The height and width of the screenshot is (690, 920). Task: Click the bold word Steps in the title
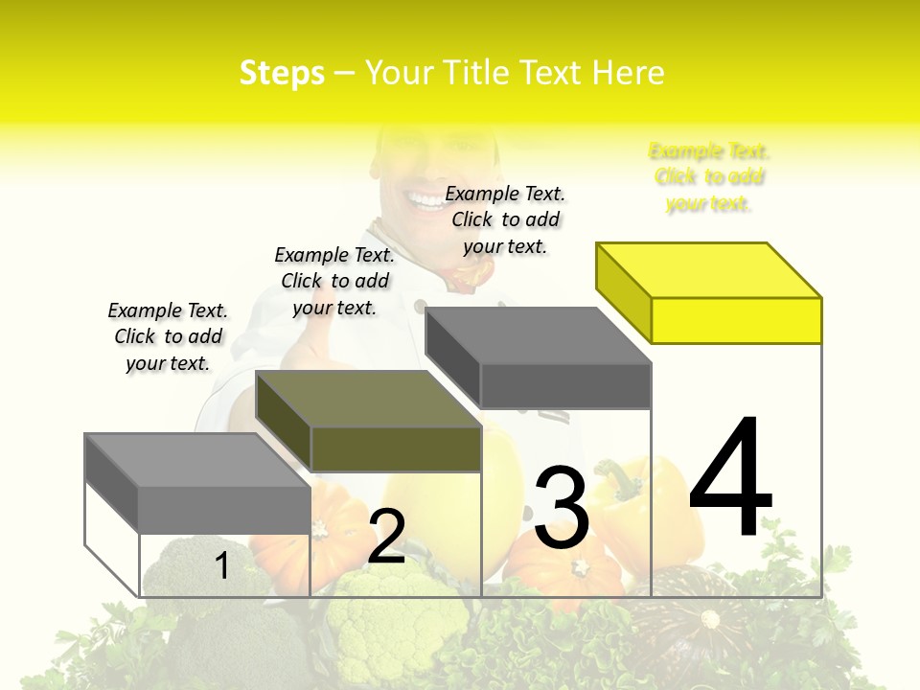[282, 73]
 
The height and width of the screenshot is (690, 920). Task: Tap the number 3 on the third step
[562, 508]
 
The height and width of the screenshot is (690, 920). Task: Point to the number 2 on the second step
[386, 537]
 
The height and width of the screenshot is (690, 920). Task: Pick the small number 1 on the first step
[221, 565]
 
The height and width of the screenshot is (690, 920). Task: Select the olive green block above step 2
[395, 448]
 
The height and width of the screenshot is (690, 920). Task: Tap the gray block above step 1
[223, 509]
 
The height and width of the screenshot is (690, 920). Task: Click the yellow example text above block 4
[709, 177]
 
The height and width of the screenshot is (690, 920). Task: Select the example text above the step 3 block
[505, 219]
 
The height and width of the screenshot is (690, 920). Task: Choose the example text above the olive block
[334, 281]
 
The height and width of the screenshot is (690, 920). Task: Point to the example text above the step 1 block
[168, 336]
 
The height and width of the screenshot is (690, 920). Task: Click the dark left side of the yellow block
[623, 291]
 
